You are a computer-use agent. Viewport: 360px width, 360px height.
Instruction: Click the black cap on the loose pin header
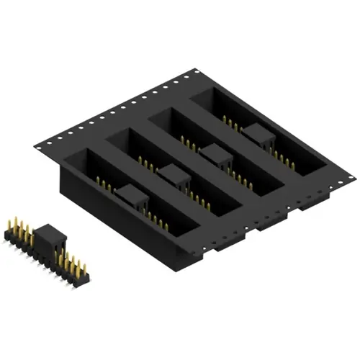47,235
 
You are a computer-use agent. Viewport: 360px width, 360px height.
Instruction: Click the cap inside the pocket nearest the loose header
129,192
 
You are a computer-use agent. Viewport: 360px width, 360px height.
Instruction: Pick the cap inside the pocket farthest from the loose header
256,132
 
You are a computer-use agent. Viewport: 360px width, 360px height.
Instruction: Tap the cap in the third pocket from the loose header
214,153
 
